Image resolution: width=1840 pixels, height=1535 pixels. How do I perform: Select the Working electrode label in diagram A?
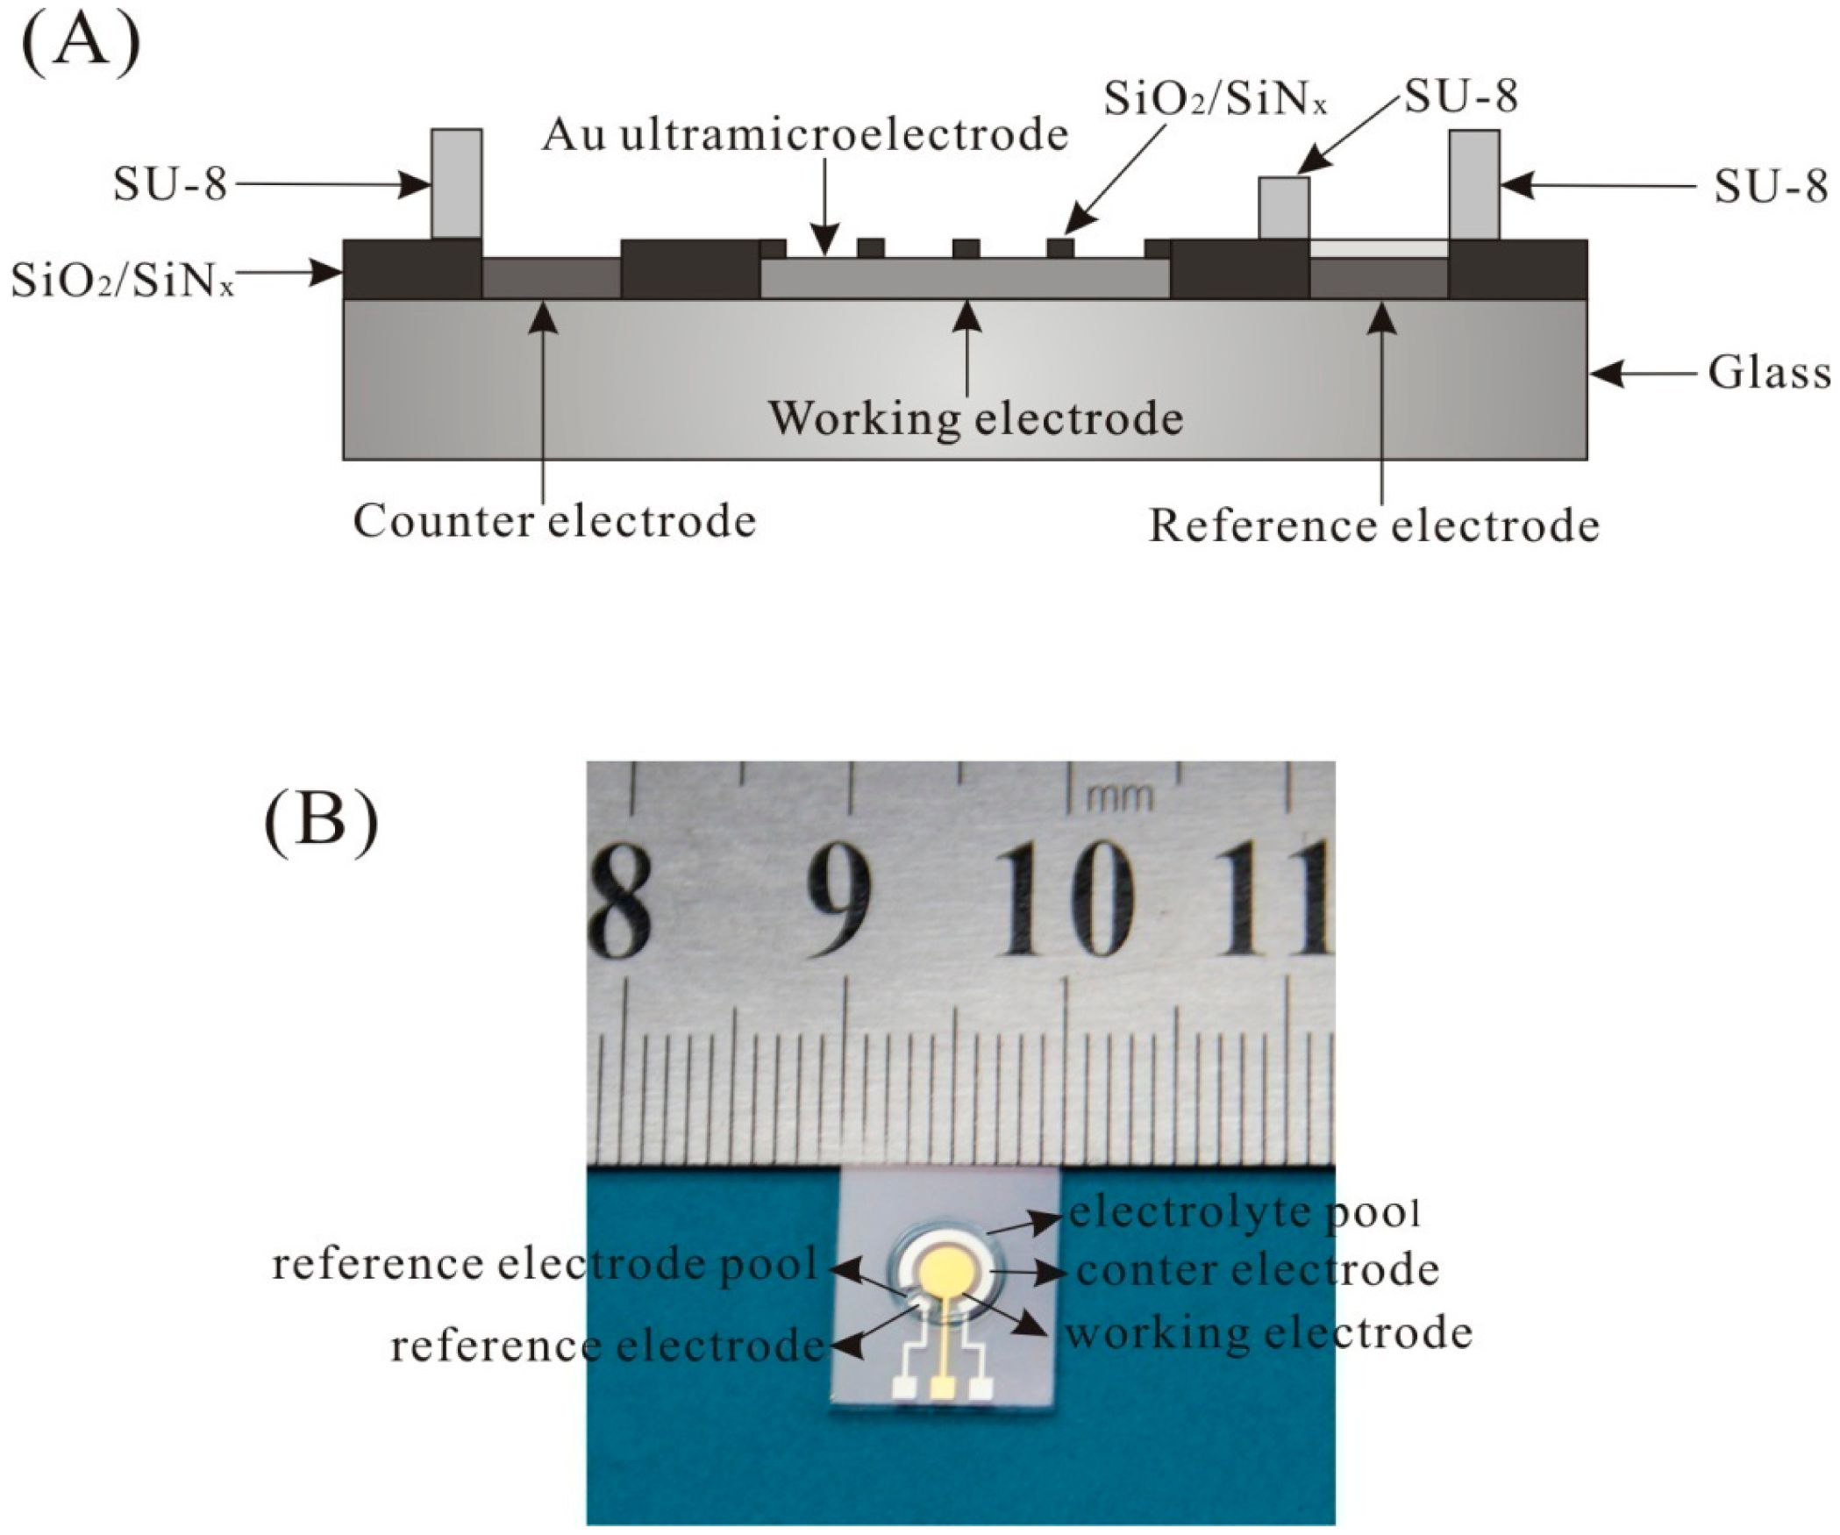tap(975, 418)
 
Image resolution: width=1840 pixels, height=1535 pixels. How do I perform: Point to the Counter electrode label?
tap(554, 522)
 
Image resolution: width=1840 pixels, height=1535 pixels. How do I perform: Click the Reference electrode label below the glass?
tap(1373, 527)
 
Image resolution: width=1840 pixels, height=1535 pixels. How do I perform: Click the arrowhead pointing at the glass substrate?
tap(1605, 375)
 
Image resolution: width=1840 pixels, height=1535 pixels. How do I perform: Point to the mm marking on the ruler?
tap(1120, 797)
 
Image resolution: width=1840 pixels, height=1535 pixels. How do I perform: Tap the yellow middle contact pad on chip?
tap(943, 1389)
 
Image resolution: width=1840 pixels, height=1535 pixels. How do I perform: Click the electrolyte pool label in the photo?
tap(1243, 1213)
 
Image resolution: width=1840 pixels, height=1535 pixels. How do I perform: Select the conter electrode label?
tap(1257, 1271)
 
